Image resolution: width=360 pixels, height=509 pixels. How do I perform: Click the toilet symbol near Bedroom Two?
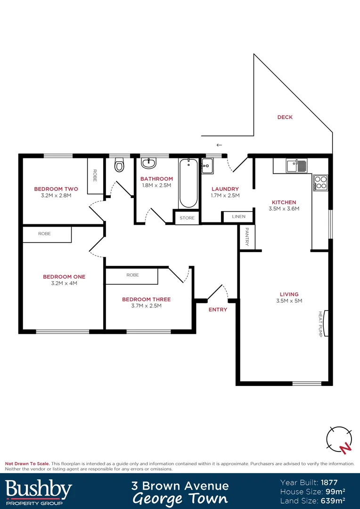[119, 165]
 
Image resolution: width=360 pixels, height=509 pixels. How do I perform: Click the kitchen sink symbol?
[296, 166]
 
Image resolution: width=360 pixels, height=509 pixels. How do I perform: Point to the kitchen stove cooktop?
[321, 183]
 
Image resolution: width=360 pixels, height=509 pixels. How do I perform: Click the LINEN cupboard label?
[238, 217]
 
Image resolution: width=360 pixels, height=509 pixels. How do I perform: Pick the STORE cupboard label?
[187, 218]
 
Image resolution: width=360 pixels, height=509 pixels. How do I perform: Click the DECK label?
[285, 117]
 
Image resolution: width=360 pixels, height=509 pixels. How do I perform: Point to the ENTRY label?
[218, 310]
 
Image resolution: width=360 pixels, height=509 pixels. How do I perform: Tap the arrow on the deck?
[219, 145]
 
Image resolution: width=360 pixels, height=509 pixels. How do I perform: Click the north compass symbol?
[339, 440]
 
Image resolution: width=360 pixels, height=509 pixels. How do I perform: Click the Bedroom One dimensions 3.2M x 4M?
[64, 284]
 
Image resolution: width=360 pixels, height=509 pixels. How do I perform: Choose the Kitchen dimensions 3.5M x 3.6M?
[284, 208]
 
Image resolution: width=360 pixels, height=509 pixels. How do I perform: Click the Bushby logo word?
[39, 490]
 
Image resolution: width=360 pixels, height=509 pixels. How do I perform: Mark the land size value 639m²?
[333, 500]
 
